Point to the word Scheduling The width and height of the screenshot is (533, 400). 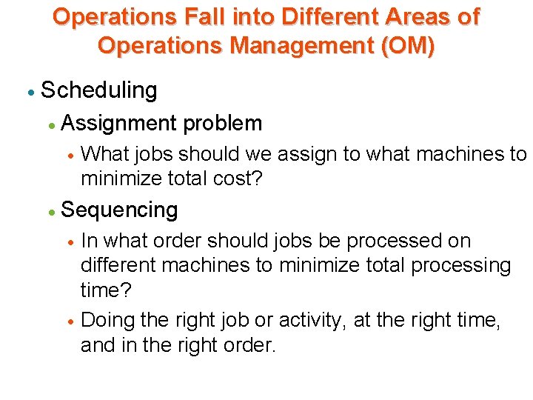coord(99,90)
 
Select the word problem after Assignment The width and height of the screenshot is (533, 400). coord(223,123)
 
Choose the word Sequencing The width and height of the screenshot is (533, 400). coord(119,210)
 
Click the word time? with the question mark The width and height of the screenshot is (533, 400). coord(105,290)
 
